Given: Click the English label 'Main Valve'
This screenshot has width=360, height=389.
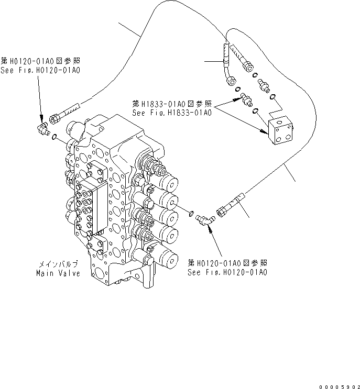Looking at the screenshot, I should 58,273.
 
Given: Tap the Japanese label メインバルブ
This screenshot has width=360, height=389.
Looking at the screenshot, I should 58,265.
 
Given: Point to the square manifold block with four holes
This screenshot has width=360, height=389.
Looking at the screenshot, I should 281,132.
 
